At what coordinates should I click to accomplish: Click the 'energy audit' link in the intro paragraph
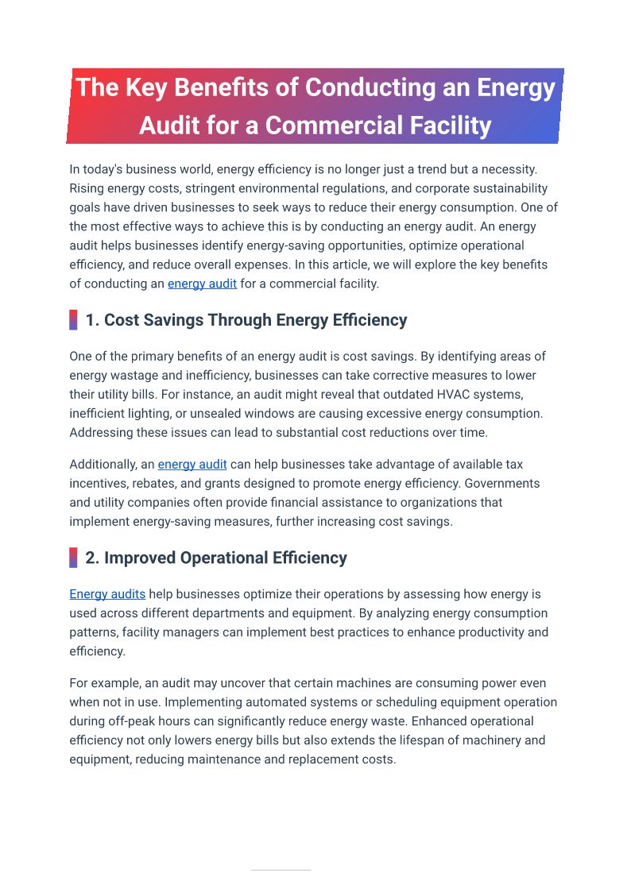202,284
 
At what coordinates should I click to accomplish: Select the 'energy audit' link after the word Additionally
192,465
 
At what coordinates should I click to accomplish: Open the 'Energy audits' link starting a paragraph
107,594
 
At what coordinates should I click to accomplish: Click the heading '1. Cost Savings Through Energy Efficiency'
246,320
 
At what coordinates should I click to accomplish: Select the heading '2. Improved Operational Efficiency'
216,558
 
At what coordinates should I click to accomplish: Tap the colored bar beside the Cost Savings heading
73,320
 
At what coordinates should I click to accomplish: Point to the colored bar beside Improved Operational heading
73,558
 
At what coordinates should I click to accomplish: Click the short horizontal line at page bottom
281,870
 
